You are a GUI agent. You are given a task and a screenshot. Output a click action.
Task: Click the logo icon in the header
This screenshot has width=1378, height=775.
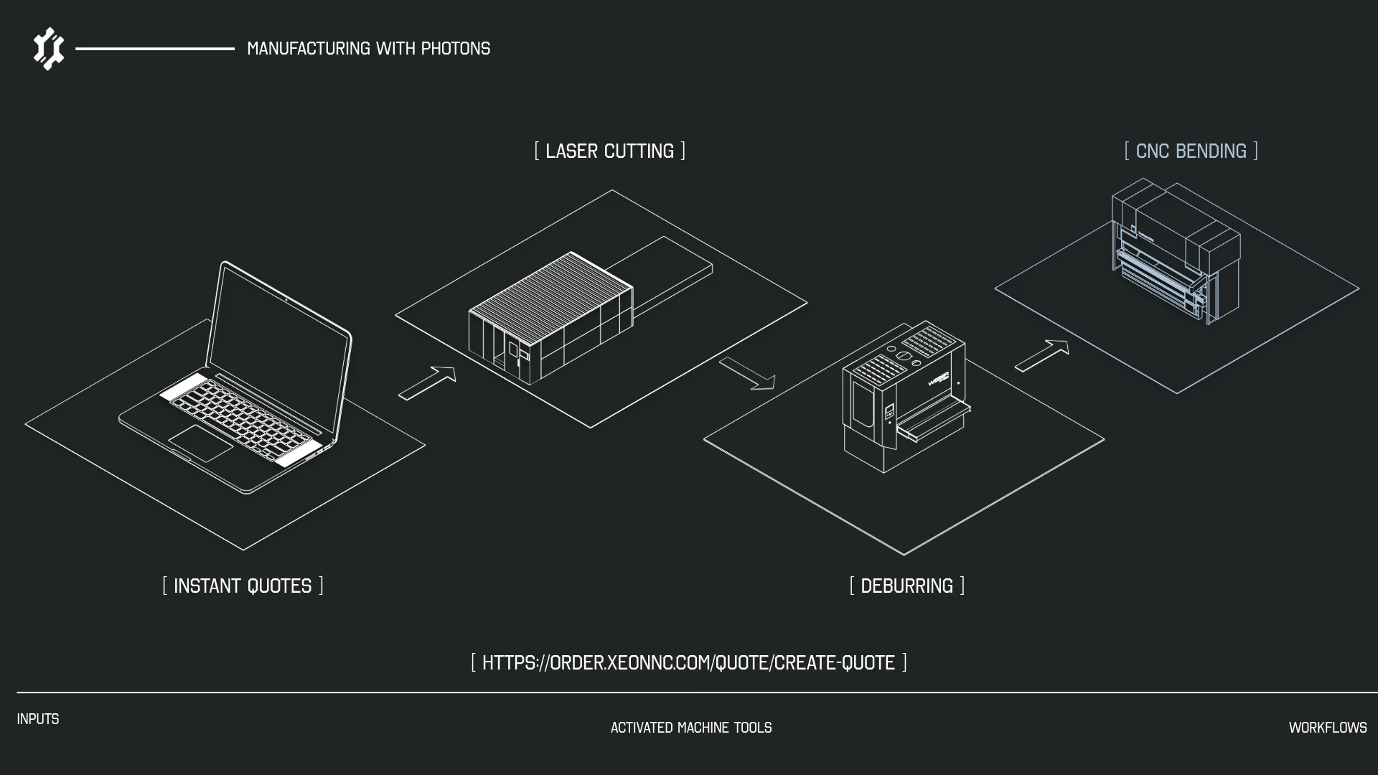tap(49, 49)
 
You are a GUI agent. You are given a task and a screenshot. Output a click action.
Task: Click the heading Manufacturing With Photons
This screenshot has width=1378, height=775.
tap(369, 49)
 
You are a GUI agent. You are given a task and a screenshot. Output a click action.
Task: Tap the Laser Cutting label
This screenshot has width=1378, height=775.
tap(610, 151)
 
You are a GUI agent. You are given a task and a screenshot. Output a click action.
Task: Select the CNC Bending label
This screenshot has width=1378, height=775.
tap(1191, 151)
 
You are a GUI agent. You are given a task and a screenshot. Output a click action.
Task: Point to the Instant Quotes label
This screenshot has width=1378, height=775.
tap(243, 586)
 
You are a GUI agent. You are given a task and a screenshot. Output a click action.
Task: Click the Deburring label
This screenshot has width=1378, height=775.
tap(907, 586)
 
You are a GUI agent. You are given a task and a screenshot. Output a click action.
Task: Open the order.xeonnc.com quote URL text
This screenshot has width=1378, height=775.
tap(689, 662)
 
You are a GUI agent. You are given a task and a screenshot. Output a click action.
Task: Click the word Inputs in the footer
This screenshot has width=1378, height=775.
tap(38, 719)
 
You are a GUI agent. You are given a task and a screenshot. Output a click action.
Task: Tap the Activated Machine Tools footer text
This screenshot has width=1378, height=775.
tap(691, 728)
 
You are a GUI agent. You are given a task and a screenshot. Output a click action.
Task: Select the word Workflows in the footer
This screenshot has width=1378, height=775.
tap(1328, 728)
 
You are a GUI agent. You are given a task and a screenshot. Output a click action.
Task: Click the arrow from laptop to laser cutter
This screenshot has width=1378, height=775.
tap(428, 383)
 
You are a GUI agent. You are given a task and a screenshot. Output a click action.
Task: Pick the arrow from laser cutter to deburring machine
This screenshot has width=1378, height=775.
tap(747, 373)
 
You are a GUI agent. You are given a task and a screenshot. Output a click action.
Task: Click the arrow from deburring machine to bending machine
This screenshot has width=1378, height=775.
tap(1042, 355)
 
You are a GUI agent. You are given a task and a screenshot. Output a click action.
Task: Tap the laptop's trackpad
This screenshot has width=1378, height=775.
tap(201, 443)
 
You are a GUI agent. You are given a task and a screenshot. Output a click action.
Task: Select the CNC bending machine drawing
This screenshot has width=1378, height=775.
tap(1176, 250)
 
